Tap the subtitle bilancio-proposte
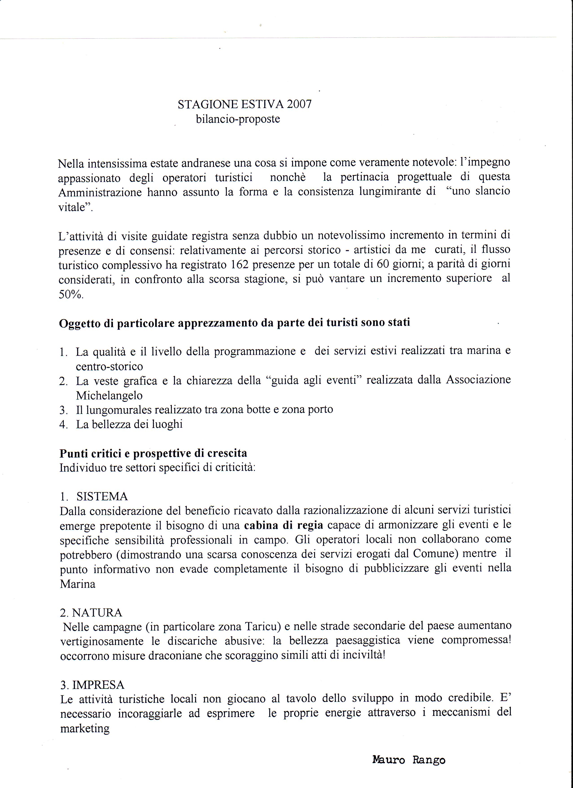[238, 119]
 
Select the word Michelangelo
[109, 395]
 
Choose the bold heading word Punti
[74, 453]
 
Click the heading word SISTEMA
[102, 496]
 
